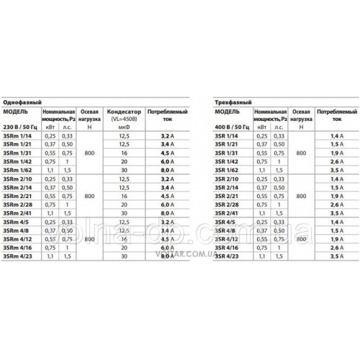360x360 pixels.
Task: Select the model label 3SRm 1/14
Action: click(x=18, y=136)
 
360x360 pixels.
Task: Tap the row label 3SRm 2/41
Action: click(x=18, y=213)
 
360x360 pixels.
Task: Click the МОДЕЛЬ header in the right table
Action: click(x=230, y=113)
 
